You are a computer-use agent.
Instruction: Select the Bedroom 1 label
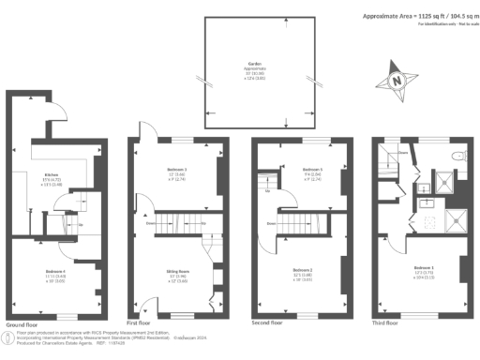pyautogui.click(x=426, y=272)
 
